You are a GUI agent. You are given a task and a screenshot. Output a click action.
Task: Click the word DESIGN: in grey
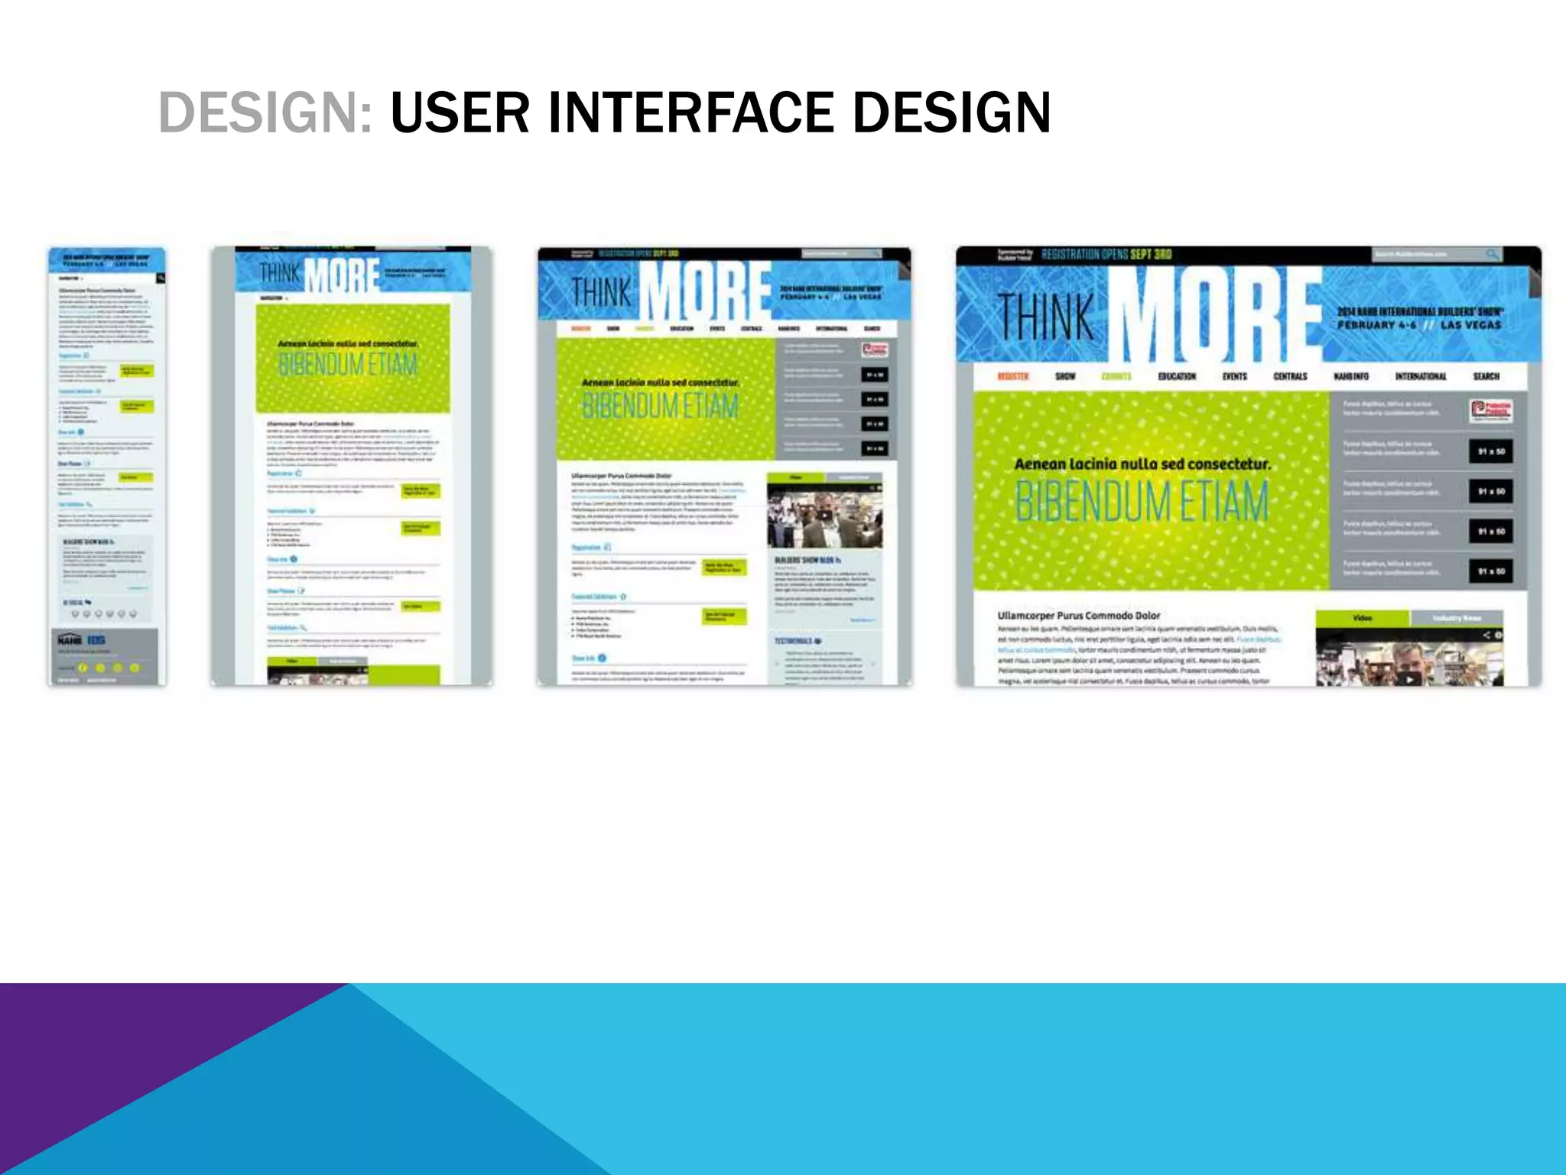coord(265,112)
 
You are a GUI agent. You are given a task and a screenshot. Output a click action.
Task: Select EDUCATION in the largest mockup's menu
coord(1176,376)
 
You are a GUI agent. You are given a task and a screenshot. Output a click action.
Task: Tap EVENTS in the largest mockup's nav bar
coord(1234,376)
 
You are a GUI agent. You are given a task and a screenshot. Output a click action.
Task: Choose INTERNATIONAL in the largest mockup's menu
coord(1420,376)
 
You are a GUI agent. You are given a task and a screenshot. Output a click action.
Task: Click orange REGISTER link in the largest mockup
coord(1013,376)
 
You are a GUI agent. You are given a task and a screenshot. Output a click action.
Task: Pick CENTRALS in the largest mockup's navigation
coord(1290,376)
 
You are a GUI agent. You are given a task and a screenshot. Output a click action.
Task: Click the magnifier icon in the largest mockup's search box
coord(1492,254)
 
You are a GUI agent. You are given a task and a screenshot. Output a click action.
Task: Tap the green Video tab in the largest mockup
coord(1362,617)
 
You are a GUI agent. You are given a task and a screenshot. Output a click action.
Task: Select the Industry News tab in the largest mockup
coord(1456,617)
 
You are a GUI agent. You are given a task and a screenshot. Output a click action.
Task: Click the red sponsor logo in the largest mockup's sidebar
coord(1490,411)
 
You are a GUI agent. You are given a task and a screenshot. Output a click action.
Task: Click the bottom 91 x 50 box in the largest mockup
coord(1490,571)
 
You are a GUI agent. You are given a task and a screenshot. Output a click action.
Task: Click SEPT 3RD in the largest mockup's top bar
coord(1147,254)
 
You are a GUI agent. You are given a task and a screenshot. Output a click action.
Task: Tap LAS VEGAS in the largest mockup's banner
coord(1470,325)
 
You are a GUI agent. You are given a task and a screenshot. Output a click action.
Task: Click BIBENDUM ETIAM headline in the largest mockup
coord(1141,501)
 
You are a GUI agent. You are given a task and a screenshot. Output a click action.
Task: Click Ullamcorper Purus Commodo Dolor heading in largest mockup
coord(1078,615)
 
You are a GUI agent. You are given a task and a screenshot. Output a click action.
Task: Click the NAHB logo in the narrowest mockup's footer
coord(70,640)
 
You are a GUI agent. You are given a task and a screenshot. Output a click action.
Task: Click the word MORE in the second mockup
coord(342,277)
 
